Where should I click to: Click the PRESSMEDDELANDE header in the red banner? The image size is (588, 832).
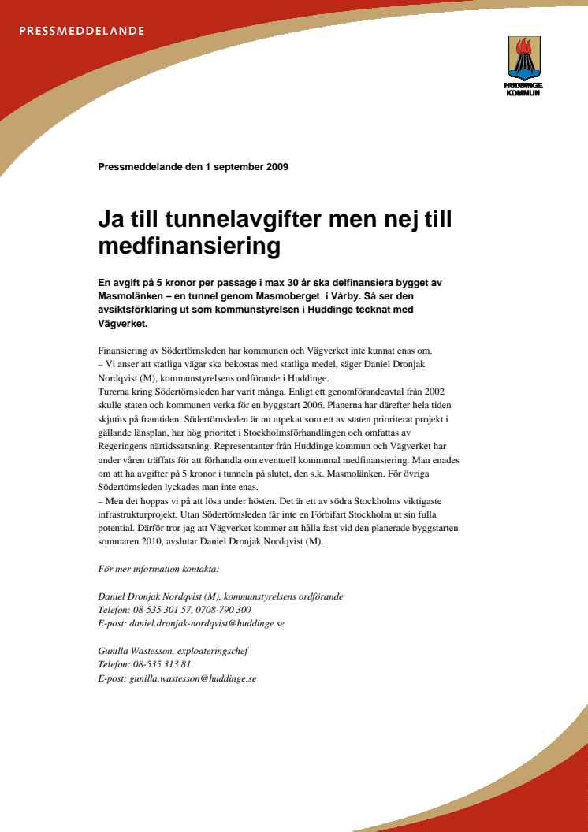[81, 32]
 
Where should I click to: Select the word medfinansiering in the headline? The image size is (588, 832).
[189, 247]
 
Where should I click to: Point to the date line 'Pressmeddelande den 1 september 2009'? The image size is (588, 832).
[193, 167]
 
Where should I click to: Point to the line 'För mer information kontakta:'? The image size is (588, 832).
[158, 569]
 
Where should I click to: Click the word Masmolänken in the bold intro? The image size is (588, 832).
[128, 295]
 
